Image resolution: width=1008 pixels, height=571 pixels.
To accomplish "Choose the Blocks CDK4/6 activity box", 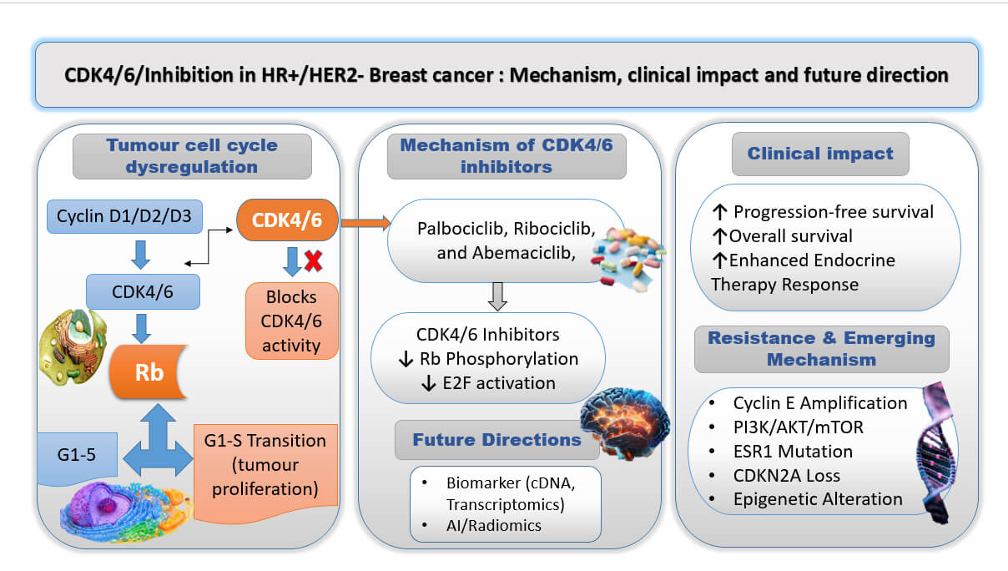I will tap(292, 321).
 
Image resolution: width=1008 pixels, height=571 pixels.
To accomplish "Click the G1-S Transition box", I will tap(265, 463).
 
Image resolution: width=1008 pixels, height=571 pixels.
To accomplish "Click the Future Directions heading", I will tap(496, 440).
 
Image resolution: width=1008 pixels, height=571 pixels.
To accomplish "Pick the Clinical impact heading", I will tap(820, 154).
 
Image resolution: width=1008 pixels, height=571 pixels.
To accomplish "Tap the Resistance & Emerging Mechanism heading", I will tap(821, 349).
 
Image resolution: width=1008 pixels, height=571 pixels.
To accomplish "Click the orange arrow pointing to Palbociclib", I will tap(366, 222).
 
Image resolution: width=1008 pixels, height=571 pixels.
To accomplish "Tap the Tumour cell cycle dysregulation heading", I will tap(192, 156).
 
